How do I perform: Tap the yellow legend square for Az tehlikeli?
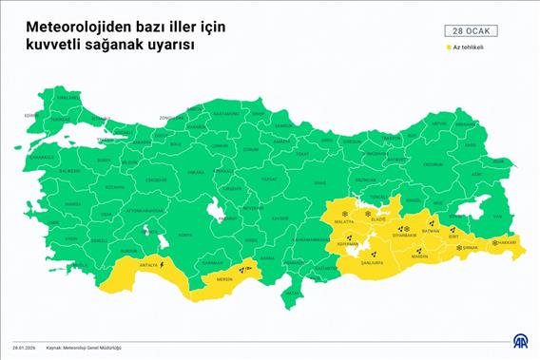446,47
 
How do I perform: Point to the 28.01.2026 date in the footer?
25,348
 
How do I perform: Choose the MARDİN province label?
419,257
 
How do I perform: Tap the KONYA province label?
185,234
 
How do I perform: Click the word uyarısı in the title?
180,44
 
